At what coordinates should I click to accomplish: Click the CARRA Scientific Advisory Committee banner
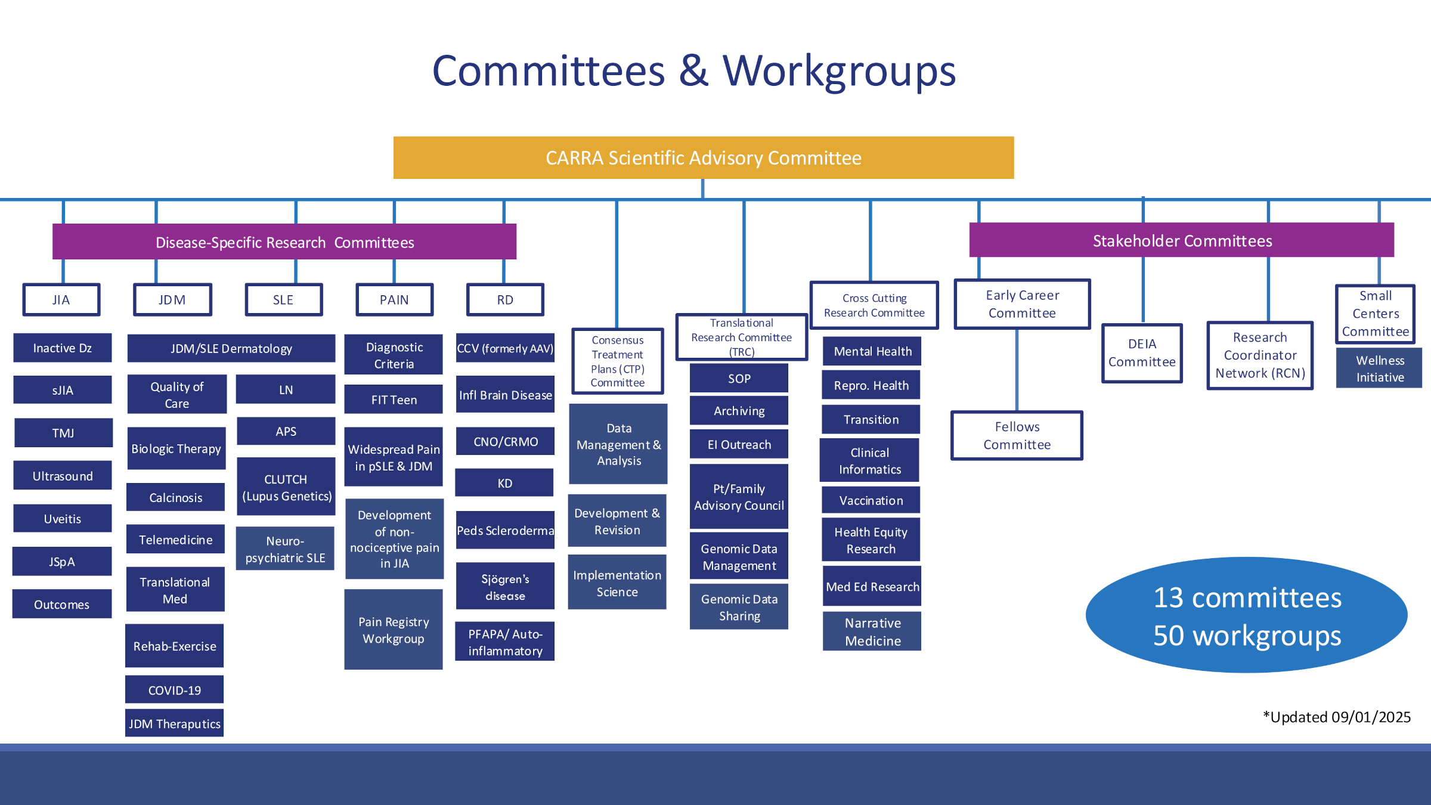click(x=704, y=158)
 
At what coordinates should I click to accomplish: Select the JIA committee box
click(x=61, y=299)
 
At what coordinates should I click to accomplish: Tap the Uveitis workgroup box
click(x=63, y=519)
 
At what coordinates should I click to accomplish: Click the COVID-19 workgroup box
click(x=175, y=690)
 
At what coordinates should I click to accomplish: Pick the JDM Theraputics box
click(x=175, y=723)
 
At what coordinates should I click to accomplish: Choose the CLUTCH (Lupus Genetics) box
click(x=286, y=487)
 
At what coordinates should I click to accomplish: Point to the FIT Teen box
click(x=394, y=400)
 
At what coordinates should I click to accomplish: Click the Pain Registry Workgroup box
click(x=394, y=630)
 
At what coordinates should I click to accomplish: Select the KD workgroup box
click(x=504, y=483)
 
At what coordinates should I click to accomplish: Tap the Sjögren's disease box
click(x=505, y=587)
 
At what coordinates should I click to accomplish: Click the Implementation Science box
click(x=617, y=583)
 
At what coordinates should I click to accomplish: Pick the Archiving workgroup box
click(x=739, y=411)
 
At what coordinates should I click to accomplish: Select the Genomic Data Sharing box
click(x=739, y=607)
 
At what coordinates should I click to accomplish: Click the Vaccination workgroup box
click(x=871, y=500)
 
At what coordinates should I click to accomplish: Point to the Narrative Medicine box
click(x=872, y=631)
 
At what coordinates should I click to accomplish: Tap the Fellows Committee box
click(x=1017, y=435)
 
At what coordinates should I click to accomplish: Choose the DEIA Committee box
click(x=1142, y=353)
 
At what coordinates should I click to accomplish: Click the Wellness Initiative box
click(x=1380, y=369)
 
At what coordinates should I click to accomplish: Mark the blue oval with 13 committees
click(x=1247, y=615)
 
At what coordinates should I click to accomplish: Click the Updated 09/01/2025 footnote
click(x=1337, y=717)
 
